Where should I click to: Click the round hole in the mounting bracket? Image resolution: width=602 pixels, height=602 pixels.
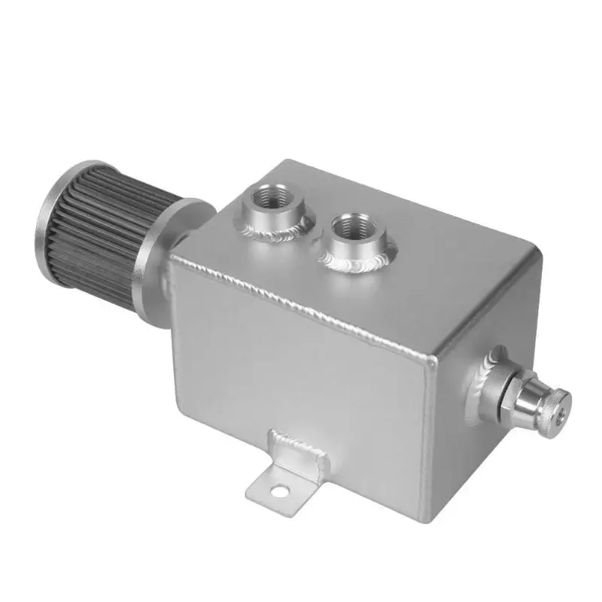(x=281, y=491)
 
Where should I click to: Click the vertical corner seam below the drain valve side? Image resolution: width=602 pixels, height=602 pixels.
(x=427, y=436)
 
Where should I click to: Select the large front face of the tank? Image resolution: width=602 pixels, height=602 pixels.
(x=301, y=384)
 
